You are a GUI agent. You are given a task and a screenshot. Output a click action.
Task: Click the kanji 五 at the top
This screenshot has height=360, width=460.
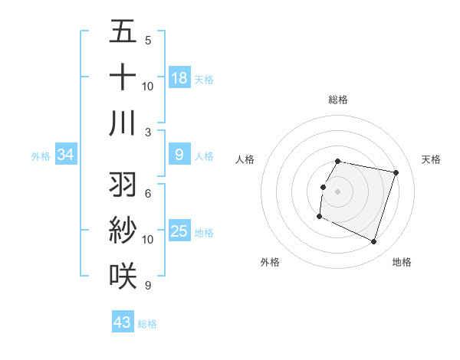click(123, 32)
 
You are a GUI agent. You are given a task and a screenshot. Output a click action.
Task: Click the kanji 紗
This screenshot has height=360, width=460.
click(123, 231)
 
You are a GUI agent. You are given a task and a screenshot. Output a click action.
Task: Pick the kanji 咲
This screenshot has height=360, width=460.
click(123, 276)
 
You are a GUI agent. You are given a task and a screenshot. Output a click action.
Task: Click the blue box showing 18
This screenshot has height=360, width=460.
click(179, 78)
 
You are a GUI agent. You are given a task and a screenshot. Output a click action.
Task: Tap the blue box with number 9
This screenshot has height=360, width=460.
click(179, 155)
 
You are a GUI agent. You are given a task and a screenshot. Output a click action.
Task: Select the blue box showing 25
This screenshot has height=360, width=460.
click(179, 232)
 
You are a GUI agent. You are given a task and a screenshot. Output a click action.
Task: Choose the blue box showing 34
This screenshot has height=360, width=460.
click(66, 155)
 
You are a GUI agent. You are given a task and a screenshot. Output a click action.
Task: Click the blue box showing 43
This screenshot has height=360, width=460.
click(123, 322)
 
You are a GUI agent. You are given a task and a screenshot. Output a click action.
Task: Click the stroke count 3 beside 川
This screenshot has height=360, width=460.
click(148, 133)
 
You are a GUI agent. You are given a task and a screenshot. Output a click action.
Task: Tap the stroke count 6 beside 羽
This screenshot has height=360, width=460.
click(148, 193)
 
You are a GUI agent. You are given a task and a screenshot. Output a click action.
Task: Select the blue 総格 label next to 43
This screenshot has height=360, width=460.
click(147, 324)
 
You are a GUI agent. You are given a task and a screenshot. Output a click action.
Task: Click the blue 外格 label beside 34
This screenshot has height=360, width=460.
click(41, 156)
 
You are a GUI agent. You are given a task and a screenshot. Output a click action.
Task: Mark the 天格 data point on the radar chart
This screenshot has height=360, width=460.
click(396, 173)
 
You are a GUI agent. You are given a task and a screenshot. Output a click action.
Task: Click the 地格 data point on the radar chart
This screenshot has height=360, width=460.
click(373, 242)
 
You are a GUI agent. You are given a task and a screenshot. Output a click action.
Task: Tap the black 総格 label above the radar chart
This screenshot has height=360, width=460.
click(337, 100)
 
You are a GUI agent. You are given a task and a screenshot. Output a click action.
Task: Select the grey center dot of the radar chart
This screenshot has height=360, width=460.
click(337, 191)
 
